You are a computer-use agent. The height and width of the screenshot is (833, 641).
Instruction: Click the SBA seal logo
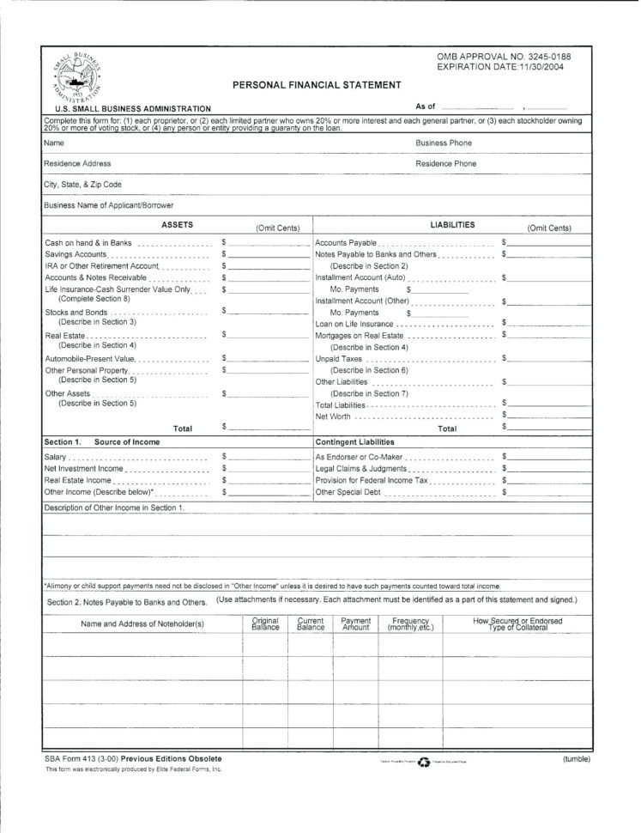[73, 73]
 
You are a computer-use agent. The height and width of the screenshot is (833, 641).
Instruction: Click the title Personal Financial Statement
[317, 84]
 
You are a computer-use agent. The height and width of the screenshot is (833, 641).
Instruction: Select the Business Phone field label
[444, 143]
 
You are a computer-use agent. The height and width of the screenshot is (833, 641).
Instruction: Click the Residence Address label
[77, 163]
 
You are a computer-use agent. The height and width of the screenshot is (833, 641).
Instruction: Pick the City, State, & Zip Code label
[82, 184]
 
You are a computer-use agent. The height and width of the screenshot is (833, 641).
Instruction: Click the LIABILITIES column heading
[452, 224]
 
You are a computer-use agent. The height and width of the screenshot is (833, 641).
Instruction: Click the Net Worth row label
[334, 416]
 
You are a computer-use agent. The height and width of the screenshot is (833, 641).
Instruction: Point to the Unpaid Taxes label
[337, 358]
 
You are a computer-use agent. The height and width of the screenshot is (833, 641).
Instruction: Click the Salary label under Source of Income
[56, 458]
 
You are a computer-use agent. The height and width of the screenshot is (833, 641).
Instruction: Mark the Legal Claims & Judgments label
[360, 470]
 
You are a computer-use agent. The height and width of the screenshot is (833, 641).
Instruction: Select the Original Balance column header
[265, 623]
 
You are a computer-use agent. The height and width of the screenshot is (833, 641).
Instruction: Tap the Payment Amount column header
[355, 623]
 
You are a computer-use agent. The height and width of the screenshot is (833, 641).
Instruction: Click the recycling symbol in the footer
[422, 762]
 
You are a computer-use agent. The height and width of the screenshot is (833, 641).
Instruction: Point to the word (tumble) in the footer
[577, 759]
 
